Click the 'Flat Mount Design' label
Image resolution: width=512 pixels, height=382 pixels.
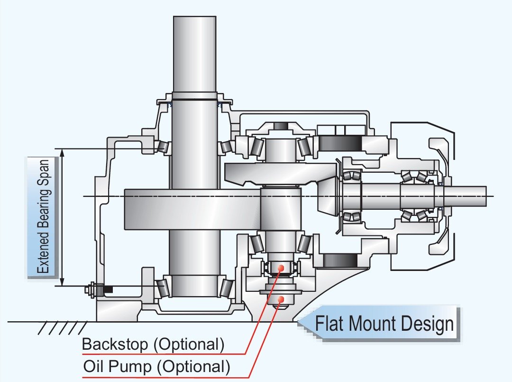click(384, 325)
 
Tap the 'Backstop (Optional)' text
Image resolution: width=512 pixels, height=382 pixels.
click(153, 344)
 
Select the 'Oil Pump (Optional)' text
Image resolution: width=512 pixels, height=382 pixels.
click(156, 366)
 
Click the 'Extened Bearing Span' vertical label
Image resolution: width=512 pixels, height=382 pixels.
click(44, 216)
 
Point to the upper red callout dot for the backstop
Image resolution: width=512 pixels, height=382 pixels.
click(281, 268)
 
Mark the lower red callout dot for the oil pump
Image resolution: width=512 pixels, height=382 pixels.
click(282, 299)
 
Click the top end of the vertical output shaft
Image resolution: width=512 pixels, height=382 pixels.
click(195, 19)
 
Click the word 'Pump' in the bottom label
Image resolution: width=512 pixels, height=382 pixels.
click(129, 366)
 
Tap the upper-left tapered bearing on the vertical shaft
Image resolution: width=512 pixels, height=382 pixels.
click(163, 147)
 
